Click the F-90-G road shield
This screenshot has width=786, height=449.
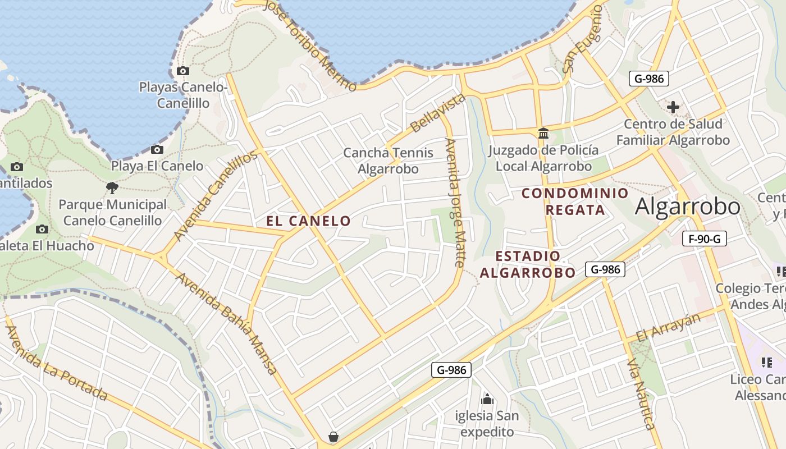coord(705,239)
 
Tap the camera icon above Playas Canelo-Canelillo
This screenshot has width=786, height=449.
coord(182,71)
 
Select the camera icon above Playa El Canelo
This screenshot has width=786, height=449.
coord(157,150)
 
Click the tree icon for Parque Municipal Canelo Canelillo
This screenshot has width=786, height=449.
coord(112,187)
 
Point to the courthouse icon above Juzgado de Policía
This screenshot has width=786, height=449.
coord(543,134)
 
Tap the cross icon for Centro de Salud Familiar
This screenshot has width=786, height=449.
coord(673,107)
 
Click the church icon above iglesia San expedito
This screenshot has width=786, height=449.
coord(487,399)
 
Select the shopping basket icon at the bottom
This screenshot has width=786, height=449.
coord(333,437)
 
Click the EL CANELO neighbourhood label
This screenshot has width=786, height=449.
coord(309,221)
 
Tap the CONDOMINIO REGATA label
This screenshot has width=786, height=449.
coord(575,201)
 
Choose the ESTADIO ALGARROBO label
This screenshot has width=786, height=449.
coord(528,264)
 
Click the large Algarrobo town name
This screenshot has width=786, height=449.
coord(688,207)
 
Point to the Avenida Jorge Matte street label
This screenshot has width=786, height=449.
coord(455,202)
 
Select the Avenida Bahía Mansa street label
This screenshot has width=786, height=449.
coord(226,323)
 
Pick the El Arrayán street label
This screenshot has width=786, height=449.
coord(669,328)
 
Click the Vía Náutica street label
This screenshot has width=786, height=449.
coord(641,393)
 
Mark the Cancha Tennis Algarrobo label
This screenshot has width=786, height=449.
coord(389,161)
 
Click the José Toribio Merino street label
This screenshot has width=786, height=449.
coord(309,45)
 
